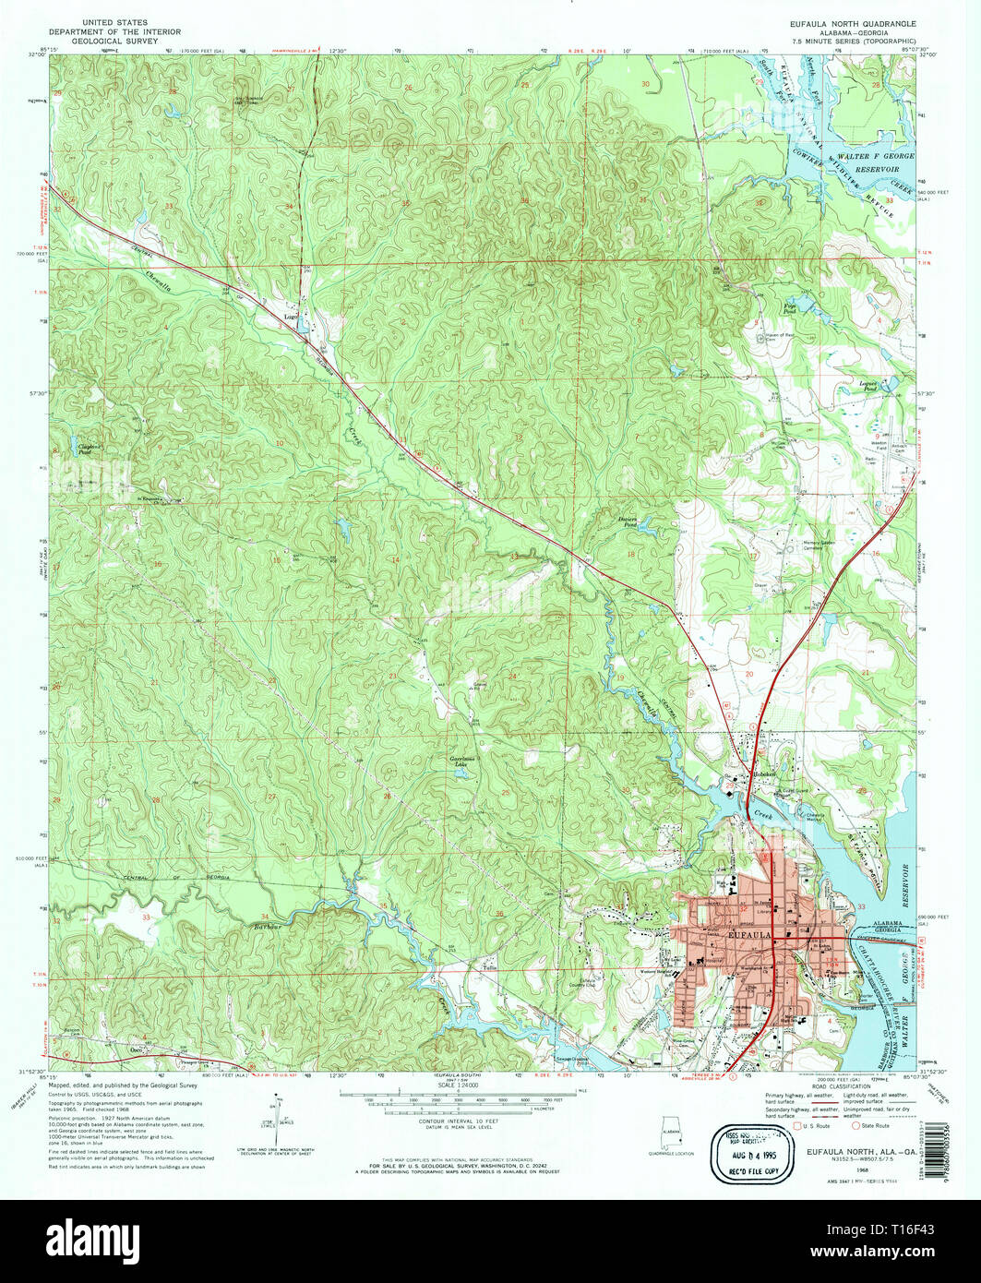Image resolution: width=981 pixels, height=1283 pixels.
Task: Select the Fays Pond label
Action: tap(790, 309)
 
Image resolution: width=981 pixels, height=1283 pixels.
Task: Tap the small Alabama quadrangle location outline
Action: tap(670, 1132)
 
